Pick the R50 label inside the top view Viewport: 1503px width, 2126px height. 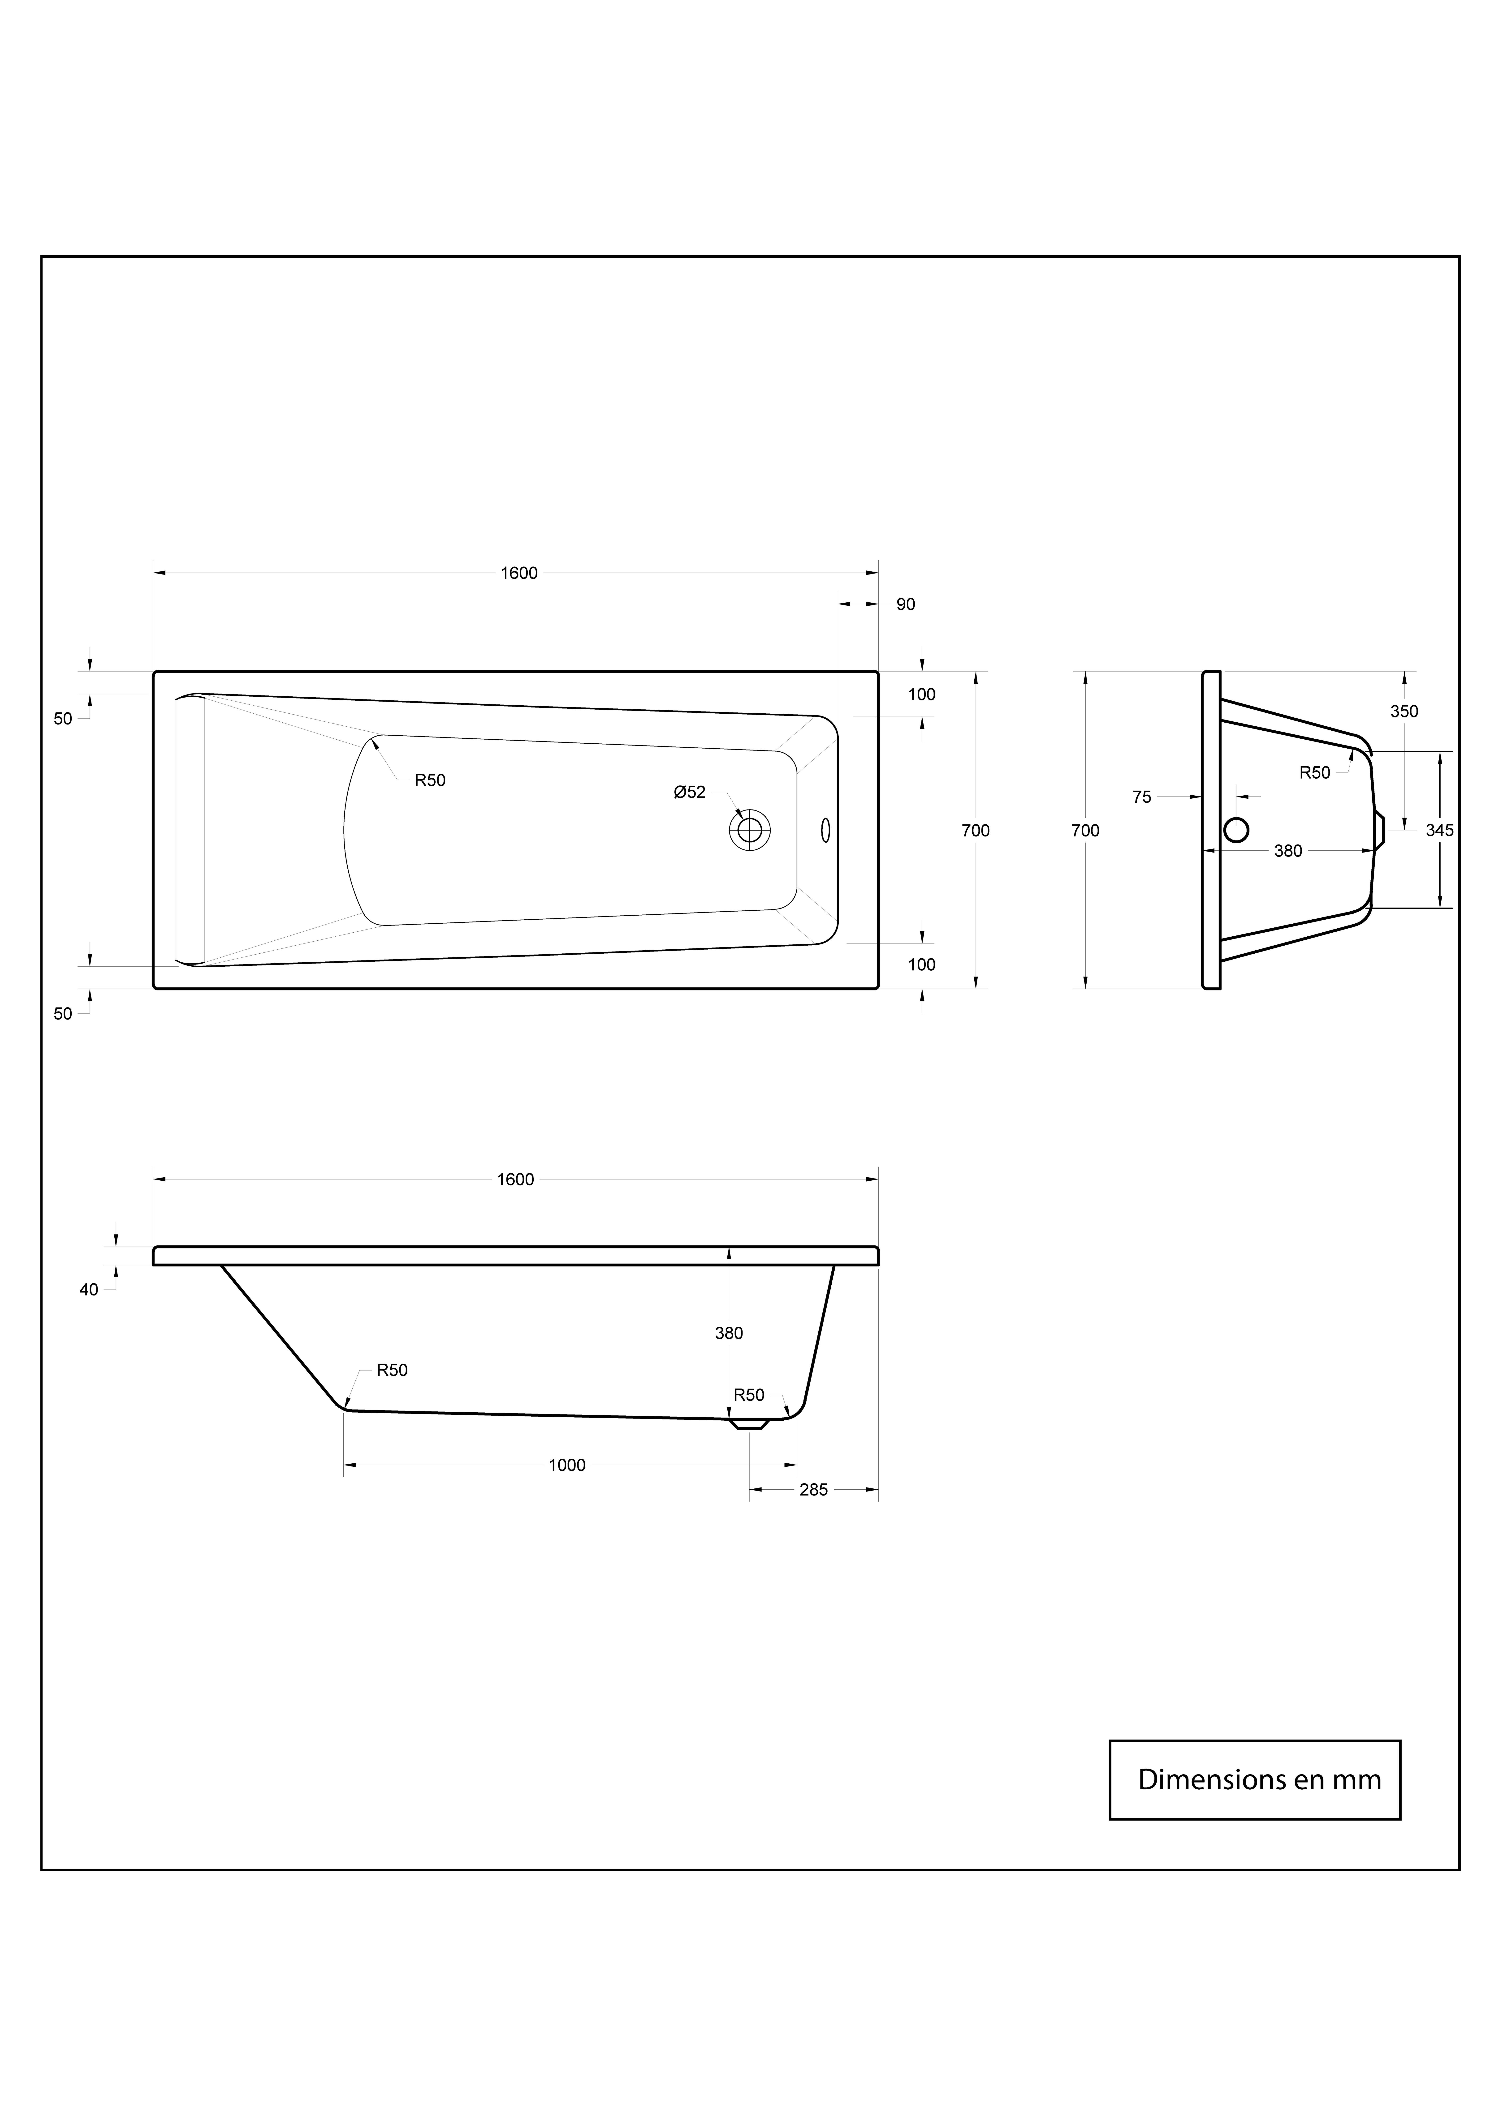430,780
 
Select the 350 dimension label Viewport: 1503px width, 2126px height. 1404,711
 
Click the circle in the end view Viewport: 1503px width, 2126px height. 1236,830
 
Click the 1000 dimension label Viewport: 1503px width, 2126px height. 567,1465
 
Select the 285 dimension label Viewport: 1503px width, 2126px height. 813,1490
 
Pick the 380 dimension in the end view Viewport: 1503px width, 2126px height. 1288,851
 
